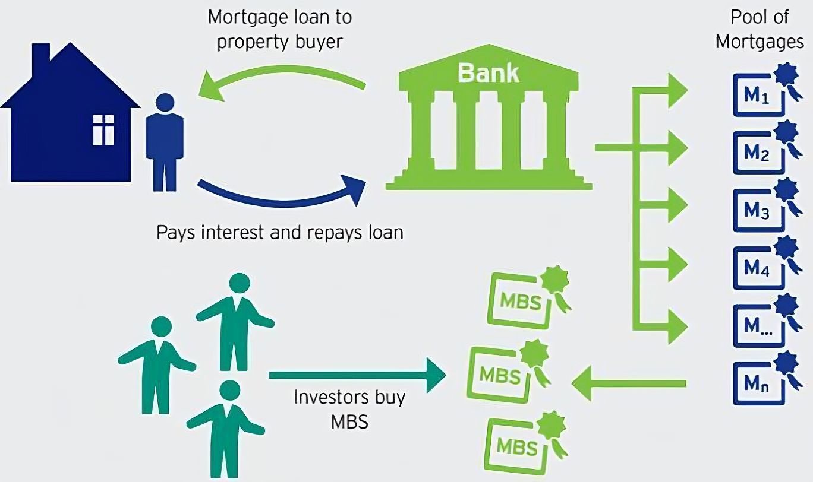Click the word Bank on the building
click(488, 73)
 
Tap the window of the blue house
click(103, 130)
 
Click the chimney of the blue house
click(40, 56)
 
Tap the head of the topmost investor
click(238, 283)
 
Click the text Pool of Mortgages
click(759, 30)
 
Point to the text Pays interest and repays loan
click(280, 232)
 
